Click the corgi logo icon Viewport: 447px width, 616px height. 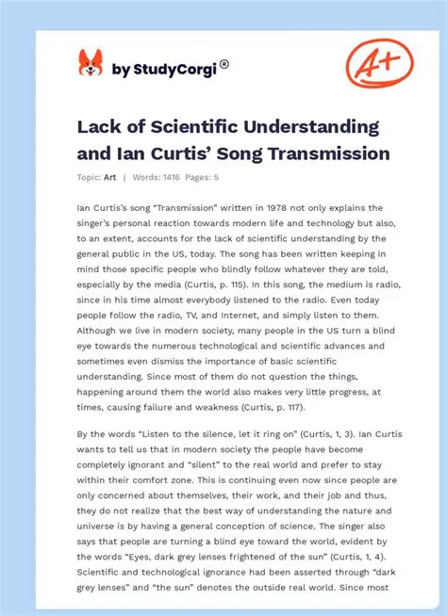[x=90, y=65]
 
